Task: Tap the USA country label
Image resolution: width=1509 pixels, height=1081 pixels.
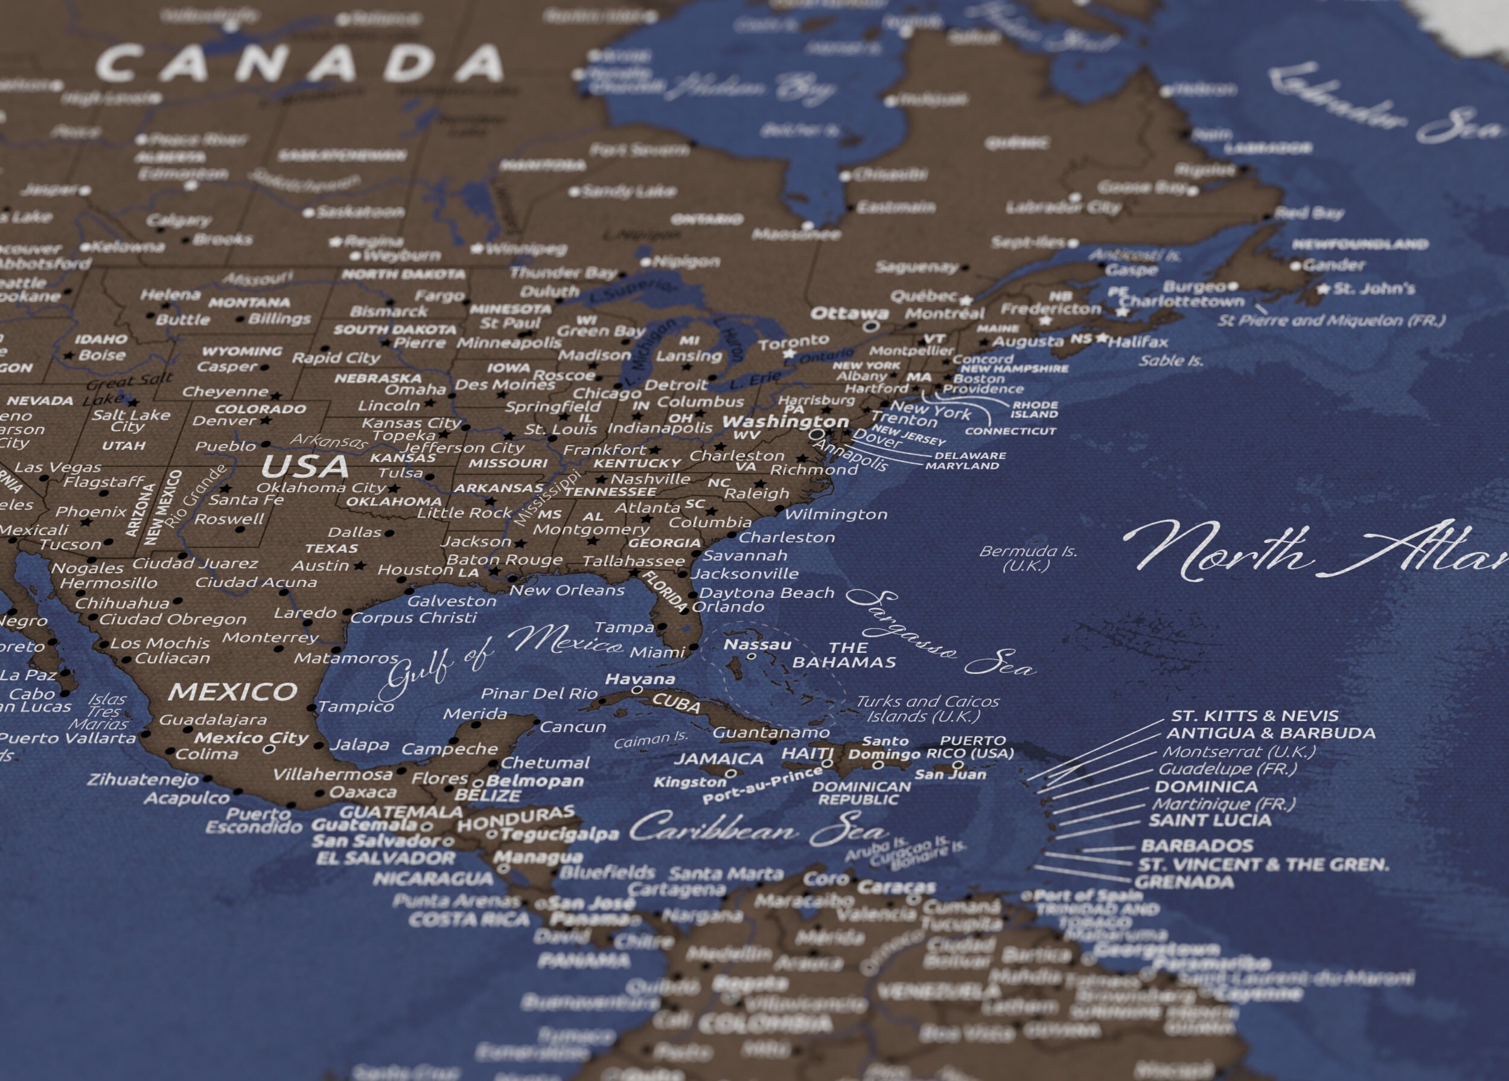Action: pyautogui.click(x=305, y=467)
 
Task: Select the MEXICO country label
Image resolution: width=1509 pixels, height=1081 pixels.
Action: pyautogui.click(x=233, y=691)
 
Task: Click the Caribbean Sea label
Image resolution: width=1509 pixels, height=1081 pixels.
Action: pyautogui.click(x=759, y=829)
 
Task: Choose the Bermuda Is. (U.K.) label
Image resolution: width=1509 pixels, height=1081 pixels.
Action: pyautogui.click(x=1027, y=559)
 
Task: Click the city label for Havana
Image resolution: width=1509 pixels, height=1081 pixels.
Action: pyautogui.click(x=640, y=679)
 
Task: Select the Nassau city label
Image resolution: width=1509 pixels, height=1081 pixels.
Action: pyautogui.click(x=757, y=644)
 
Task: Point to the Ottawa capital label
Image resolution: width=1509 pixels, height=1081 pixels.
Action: pyautogui.click(x=849, y=313)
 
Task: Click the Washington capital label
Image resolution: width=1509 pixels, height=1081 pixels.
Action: pyautogui.click(x=786, y=422)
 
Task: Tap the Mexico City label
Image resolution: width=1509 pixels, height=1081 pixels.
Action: pyautogui.click(x=252, y=737)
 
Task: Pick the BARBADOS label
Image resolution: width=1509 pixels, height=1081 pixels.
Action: pyautogui.click(x=1197, y=845)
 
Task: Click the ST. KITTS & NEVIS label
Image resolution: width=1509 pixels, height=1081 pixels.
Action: pyautogui.click(x=1254, y=716)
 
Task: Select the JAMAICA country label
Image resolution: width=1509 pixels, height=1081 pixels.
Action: pyautogui.click(x=718, y=759)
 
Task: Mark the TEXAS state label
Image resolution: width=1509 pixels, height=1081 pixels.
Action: pyautogui.click(x=331, y=548)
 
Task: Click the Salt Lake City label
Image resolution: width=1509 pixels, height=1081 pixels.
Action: pyautogui.click(x=131, y=421)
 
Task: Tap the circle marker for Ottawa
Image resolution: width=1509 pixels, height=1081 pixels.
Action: pyautogui.click(x=870, y=326)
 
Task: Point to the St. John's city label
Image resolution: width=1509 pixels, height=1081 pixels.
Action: pyautogui.click(x=1374, y=288)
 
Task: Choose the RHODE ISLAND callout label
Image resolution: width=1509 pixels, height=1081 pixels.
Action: pyautogui.click(x=1035, y=409)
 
